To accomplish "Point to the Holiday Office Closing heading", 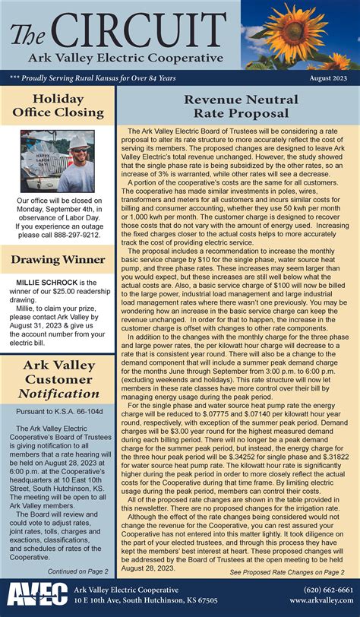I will tap(57, 107).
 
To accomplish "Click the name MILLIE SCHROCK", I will tap(48, 283).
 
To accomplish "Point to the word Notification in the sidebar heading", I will tap(57, 394).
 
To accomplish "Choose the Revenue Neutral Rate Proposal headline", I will tap(236, 106).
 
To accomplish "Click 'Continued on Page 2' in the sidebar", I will tap(77, 571).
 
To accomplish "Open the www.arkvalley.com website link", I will tap(321, 600).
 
